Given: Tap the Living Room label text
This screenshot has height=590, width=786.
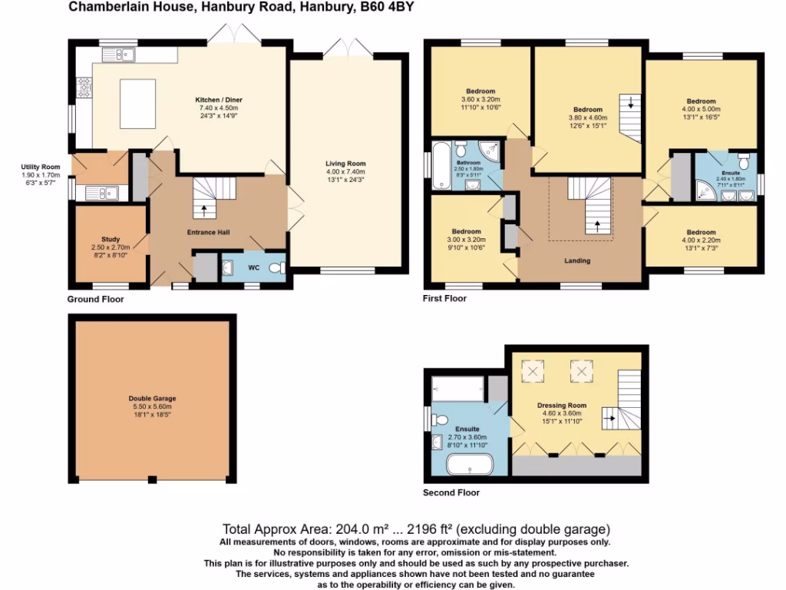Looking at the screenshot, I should (x=345, y=164).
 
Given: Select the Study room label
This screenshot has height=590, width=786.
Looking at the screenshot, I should (x=111, y=240).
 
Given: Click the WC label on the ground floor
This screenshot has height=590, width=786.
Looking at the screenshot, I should (x=253, y=268).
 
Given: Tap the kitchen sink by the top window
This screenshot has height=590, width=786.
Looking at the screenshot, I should (x=122, y=54).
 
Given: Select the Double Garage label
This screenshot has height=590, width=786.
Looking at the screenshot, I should (x=152, y=399).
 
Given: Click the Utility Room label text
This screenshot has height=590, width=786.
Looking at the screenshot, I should (x=41, y=167).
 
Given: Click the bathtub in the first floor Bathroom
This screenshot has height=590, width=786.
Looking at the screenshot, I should (x=441, y=165).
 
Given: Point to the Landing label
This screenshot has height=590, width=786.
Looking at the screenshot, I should (x=577, y=261).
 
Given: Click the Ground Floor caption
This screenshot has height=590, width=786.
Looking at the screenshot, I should (x=95, y=300).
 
